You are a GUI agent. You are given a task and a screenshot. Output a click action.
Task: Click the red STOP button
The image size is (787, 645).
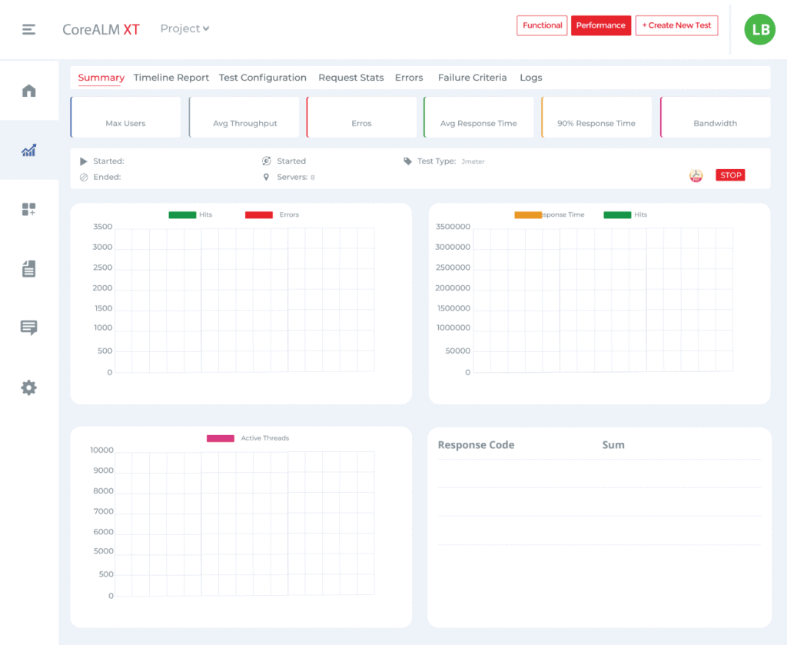coord(730,175)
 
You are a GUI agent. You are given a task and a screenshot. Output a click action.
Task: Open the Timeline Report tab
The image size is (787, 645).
coord(171,78)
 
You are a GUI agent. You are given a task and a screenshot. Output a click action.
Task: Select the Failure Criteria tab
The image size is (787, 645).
coord(472,78)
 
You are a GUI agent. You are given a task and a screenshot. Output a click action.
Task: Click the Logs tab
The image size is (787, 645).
coord(531,78)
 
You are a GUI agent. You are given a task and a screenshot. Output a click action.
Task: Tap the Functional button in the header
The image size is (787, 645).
coord(542,25)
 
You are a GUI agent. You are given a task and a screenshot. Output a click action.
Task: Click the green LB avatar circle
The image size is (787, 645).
coord(759,29)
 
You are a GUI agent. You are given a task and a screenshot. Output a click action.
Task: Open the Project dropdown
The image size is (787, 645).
coord(184,28)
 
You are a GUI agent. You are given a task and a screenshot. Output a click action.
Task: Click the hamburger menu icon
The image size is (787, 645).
coord(29,29)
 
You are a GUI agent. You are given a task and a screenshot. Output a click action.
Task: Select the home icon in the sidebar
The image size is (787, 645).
coord(29,91)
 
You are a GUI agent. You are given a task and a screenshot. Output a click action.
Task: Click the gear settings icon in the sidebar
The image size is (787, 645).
coord(29,387)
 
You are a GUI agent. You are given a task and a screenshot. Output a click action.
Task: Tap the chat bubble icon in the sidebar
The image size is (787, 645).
coord(29,328)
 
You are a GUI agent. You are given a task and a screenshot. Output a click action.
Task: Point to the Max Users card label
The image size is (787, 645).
coord(125,123)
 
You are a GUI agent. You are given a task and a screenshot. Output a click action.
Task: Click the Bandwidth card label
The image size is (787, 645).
coord(715,123)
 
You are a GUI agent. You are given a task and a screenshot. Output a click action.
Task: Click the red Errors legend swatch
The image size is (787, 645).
coord(259,214)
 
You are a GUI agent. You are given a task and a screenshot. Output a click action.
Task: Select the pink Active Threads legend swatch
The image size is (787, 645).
coord(221,438)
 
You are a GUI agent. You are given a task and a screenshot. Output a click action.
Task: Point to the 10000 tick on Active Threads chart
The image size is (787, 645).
coord(101,451)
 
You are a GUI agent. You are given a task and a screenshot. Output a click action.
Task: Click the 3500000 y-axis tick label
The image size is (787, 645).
coord(453,227)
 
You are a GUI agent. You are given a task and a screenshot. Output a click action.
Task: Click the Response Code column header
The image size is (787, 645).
coord(476,445)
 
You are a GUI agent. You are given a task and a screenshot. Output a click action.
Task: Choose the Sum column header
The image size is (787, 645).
coord(613,445)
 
